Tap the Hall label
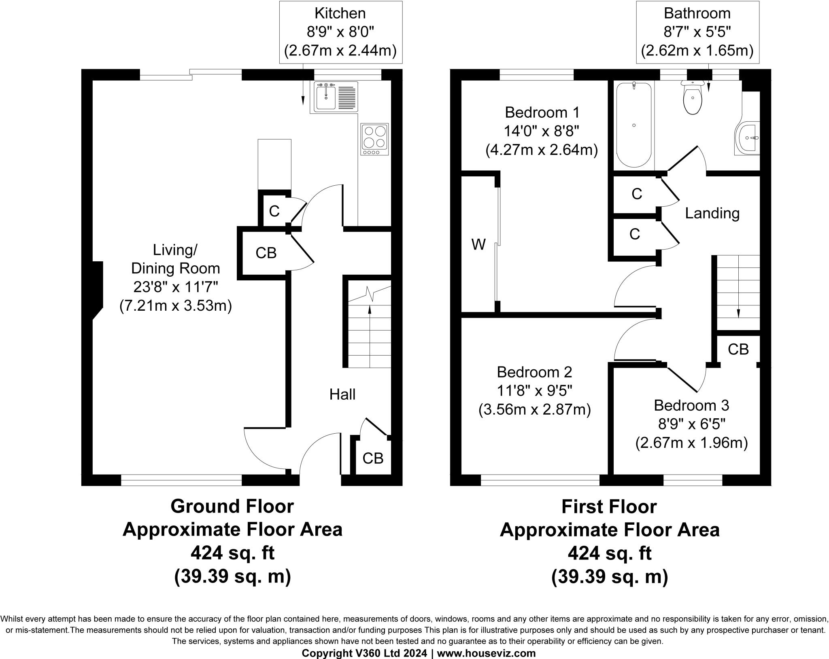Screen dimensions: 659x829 (x=342, y=394)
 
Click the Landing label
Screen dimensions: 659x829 (x=712, y=213)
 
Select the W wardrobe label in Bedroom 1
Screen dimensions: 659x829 (x=478, y=244)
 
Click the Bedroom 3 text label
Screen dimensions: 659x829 (x=691, y=405)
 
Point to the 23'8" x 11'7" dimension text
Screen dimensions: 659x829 (x=176, y=287)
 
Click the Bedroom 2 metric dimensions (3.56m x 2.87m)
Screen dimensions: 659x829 (x=534, y=410)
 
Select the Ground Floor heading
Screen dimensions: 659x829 (x=232, y=506)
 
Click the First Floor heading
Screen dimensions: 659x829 (x=609, y=506)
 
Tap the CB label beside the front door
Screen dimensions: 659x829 (x=373, y=458)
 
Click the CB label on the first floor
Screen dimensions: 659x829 (x=738, y=349)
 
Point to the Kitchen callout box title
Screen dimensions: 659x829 (x=340, y=13)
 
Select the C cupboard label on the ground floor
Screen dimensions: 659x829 (x=274, y=211)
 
